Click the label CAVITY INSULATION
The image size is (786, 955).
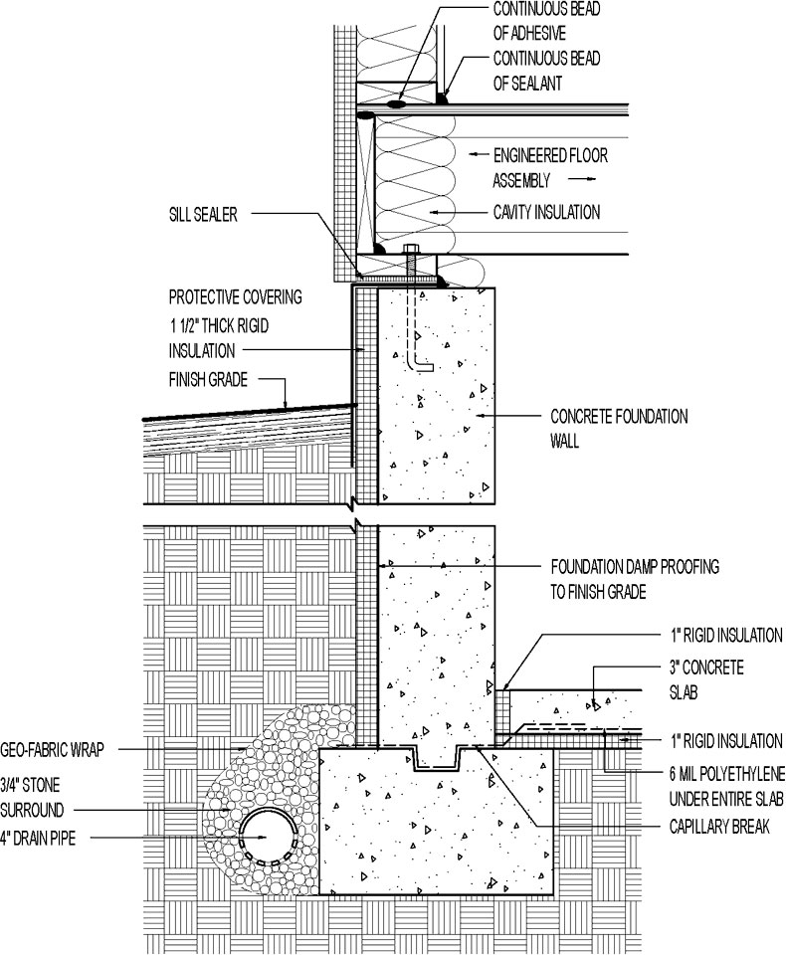tap(547, 212)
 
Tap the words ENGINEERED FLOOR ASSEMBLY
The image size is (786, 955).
tap(549, 168)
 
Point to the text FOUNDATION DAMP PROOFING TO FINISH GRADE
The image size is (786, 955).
tap(634, 579)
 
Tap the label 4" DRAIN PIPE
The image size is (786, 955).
tap(41, 839)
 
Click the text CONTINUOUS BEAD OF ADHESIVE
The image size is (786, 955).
tap(546, 21)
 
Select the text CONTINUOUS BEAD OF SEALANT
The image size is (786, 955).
tap(546, 71)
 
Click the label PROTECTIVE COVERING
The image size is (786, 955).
tap(235, 296)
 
